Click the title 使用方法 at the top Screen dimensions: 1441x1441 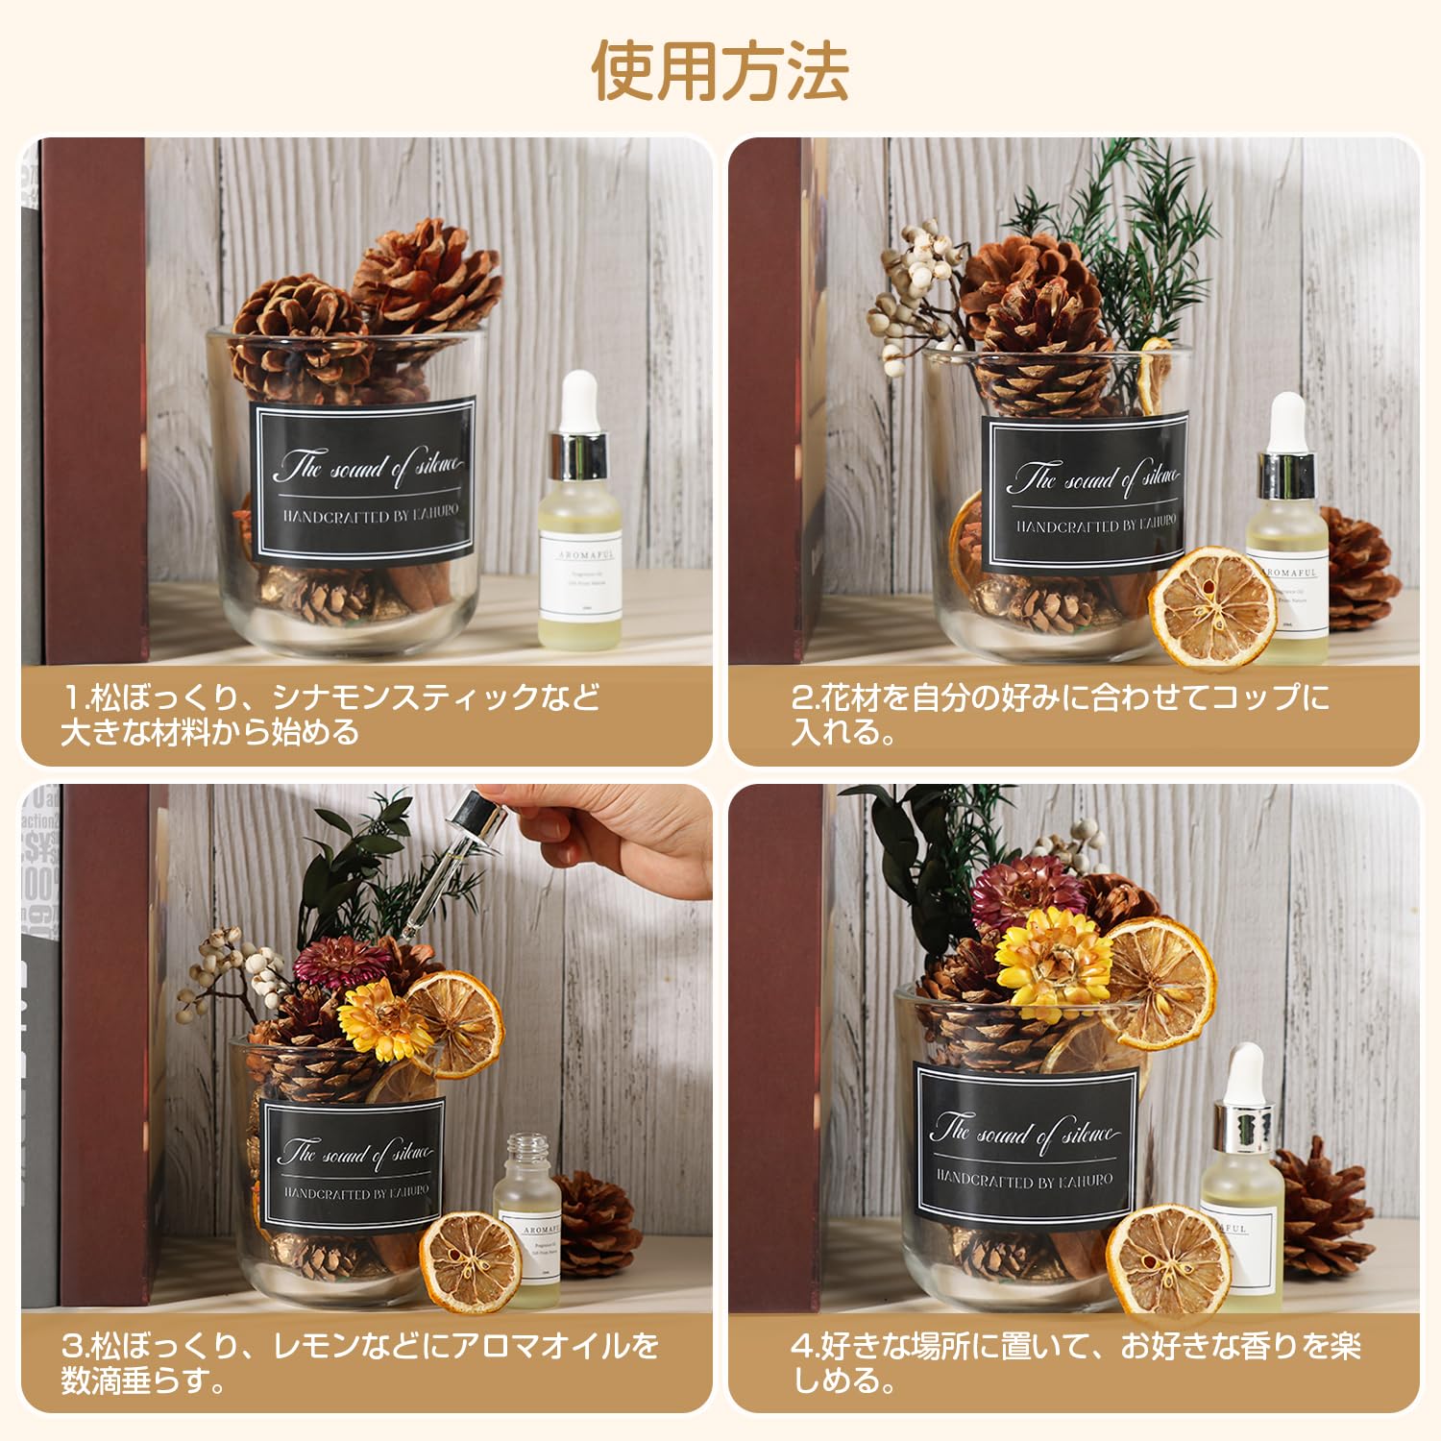click(x=720, y=71)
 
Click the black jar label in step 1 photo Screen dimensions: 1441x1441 click(x=364, y=478)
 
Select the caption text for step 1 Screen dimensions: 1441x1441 click(x=331, y=714)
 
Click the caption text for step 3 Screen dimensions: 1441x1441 click(x=360, y=1362)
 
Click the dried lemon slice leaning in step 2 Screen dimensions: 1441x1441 click(x=1212, y=606)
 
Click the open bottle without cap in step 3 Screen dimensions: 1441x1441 click(x=527, y=1220)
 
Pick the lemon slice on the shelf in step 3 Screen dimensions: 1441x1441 click(x=471, y=1260)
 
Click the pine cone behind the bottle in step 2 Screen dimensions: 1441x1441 click(x=1359, y=567)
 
